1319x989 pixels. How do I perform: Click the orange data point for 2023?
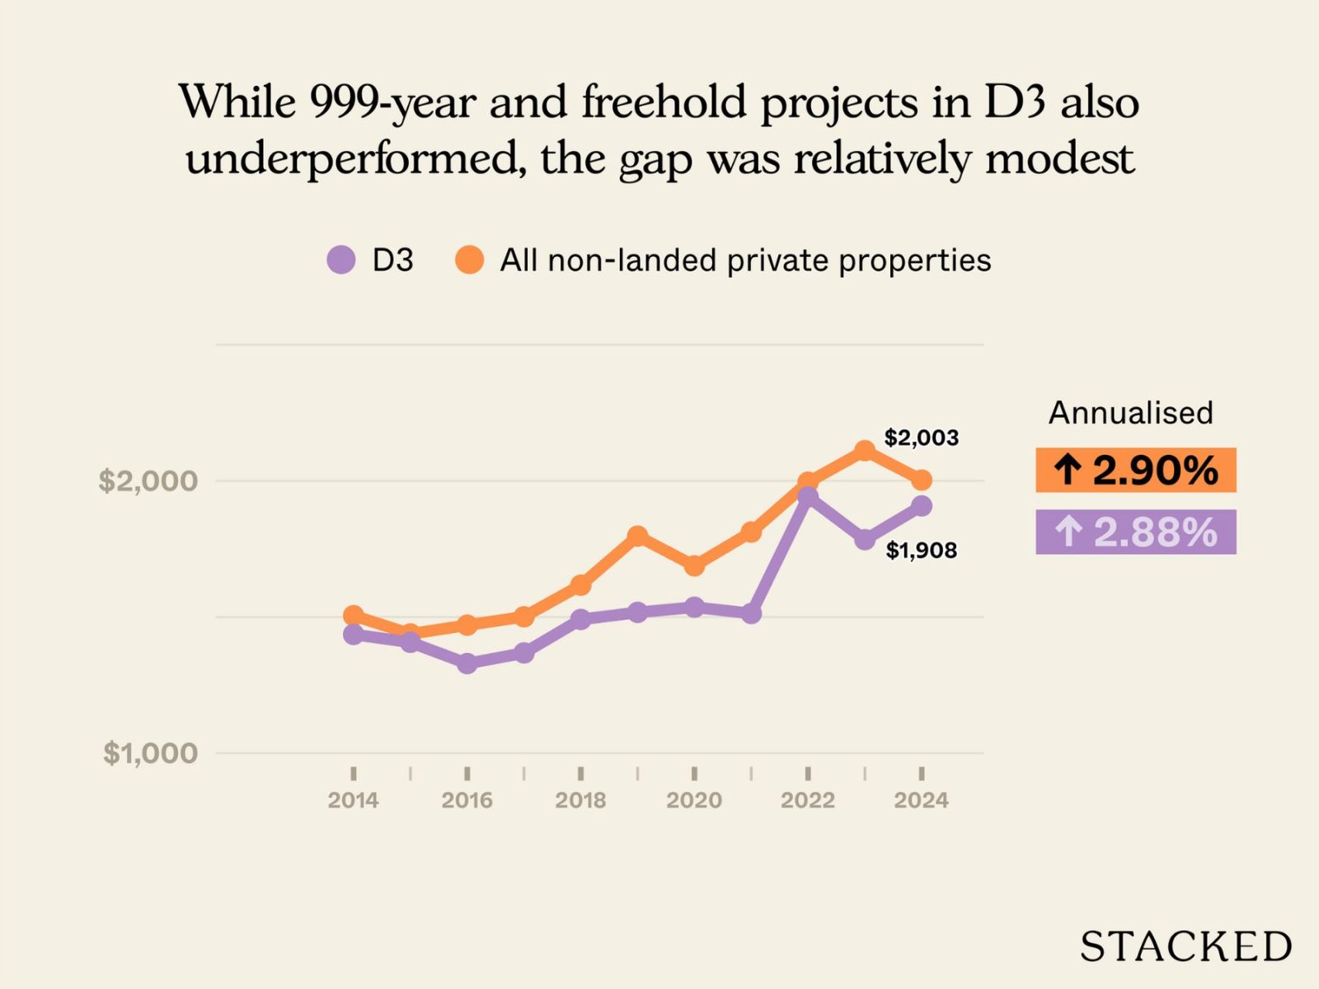pos(864,451)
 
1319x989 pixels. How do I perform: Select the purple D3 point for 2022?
pos(808,496)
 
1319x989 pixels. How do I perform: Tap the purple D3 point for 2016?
pos(467,663)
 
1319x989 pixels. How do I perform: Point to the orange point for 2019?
pos(637,537)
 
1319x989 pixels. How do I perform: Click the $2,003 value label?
pos(921,438)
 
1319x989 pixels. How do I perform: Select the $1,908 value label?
pos(921,550)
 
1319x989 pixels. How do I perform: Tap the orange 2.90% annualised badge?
pos(1135,470)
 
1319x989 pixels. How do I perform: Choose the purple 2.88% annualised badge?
pos(1135,532)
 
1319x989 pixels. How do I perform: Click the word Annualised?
pos(1130,413)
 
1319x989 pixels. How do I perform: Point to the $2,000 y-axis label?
pos(148,480)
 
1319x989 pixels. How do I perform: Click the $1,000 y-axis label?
pos(150,752)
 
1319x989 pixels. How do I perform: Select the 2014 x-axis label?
pos(353,799)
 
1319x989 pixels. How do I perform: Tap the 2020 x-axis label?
pos(694,799)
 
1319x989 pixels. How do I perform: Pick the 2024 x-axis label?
pos(921,799)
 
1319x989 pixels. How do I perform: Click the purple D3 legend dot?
pos(341,260)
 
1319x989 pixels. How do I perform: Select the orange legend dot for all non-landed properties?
pos(469,260)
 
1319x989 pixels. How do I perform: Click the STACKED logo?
pos(1185,946)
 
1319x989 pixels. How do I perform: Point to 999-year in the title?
pos(392,103)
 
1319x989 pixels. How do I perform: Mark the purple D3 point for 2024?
pos(922,506)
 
